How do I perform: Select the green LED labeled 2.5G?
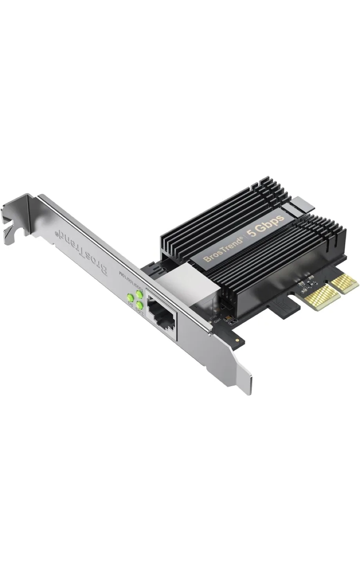[139, 305]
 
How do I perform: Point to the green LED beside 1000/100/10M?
[138, 293]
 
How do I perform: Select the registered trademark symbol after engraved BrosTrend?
[58, 234]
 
